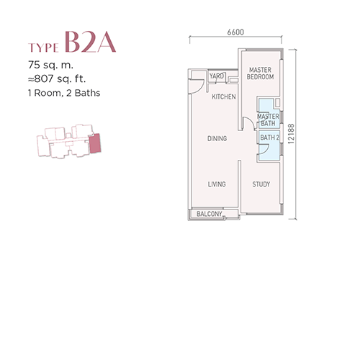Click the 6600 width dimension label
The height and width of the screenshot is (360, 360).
point(235,32)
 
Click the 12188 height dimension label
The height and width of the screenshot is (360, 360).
point(291,134)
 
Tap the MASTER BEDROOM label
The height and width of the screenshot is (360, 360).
point(260,73)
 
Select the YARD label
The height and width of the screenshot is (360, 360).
point(217,76)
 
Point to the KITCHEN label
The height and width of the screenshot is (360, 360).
point(224,96)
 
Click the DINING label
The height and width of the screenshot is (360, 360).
point(217,138)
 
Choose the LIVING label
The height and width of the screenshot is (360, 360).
point(217,184)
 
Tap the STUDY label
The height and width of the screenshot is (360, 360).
point(261,184)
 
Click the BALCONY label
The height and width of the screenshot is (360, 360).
point(210,214)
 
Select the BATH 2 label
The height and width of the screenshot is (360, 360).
point(270,138)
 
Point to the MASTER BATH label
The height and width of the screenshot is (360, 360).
point(268,120)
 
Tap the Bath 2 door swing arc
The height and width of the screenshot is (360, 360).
point(265,149)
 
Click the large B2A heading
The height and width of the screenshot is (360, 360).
point(90,42)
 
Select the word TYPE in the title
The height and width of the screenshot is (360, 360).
point(43,48)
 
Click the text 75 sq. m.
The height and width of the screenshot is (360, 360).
point(50,65)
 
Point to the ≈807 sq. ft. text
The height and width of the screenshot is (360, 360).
point(57,78)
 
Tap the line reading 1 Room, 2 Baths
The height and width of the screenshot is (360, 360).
point(64,93)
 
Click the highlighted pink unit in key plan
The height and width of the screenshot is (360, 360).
point(95,143)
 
